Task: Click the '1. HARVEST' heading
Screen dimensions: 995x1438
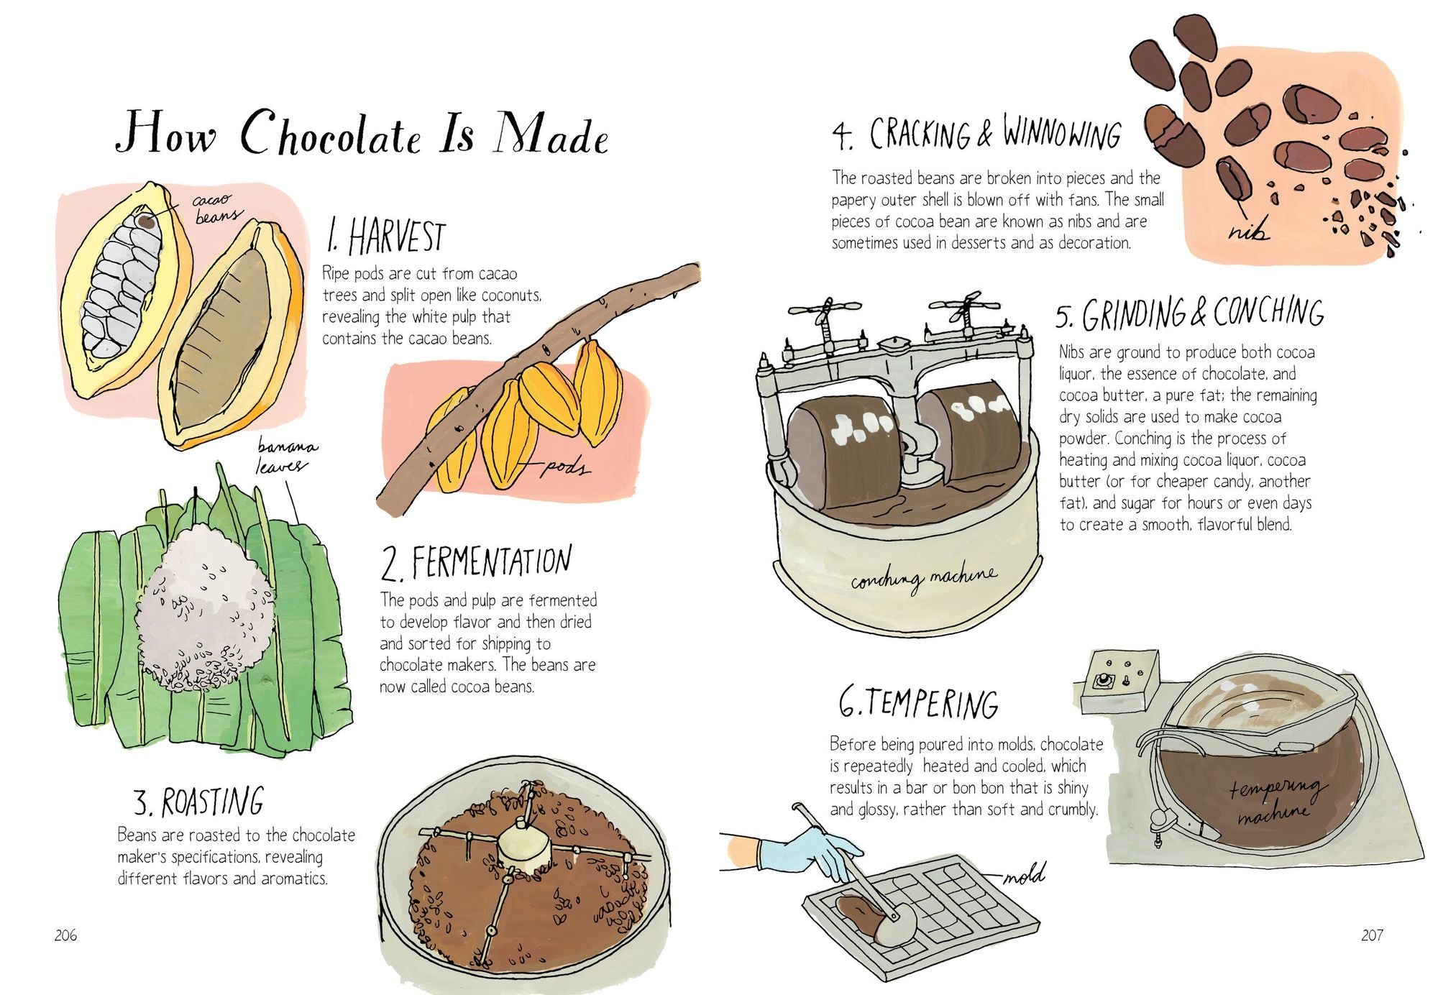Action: pyautogui.click(x=385, y=237)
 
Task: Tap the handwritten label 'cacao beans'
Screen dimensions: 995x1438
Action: pyautogui.click(x=214, y=207)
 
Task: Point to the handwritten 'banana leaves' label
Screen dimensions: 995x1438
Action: pyautogui.click(x=285, y=457)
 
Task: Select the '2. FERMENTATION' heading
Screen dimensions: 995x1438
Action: pyautogui.click(x=476, y=562)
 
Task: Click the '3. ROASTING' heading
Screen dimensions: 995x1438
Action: pyautogui.click(x=199, y=802)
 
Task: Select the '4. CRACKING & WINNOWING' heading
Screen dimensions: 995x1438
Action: pyautogui.click(x=976, y=134)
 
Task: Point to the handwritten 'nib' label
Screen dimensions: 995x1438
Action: pyautogui.click(x=1248, y=230)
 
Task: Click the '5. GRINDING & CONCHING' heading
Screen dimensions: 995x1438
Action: pyautogui.click(x=1189, y=313)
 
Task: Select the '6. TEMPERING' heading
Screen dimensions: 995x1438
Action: pyautogui.click(x=918, y=703)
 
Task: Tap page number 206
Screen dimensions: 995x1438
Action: pyautogui.click(x=65, y=935)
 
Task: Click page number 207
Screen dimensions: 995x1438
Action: pyautogui.click(x=1371, y=935)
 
